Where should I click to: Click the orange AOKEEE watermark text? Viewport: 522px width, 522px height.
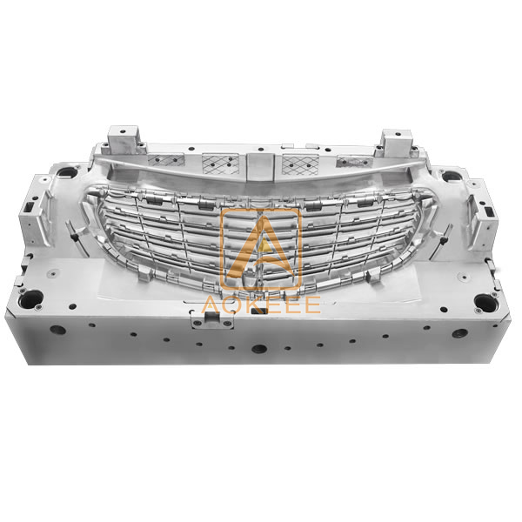click(260, 304)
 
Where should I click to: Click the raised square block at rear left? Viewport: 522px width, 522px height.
click(121, 141)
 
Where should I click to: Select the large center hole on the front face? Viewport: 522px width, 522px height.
click(258, 347)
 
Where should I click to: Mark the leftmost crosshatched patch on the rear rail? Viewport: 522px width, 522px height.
click(161, 160)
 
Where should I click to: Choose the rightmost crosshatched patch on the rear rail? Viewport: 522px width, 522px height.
click(357, 161)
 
